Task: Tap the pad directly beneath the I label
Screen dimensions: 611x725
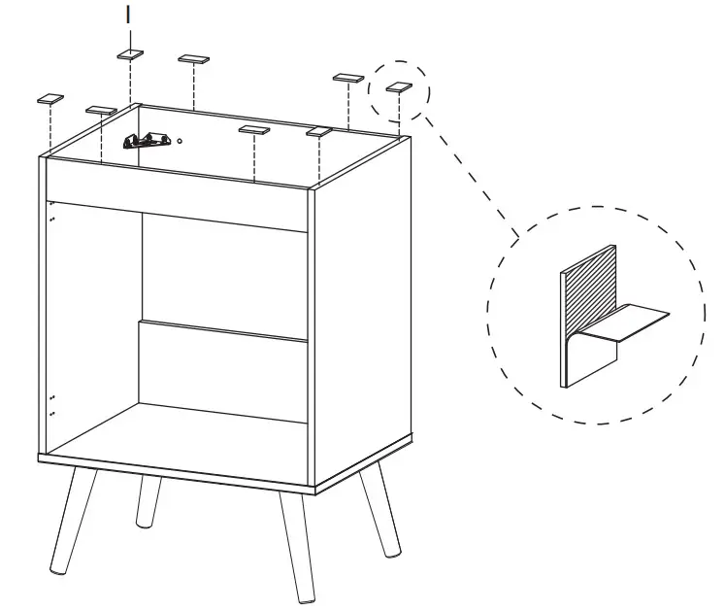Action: (x=131, y=54)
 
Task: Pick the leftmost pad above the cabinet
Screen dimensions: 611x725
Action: (x=49, y=98)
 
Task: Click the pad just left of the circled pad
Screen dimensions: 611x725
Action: (x=347, y=78)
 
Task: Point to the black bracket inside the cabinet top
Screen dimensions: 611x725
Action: (x=146, y=141)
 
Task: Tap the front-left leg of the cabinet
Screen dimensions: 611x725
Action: (x=74, y=519)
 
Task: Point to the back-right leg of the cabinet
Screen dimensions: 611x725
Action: (x=379, y=510)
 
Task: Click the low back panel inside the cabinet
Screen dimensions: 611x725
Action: (x=223, y=369)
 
